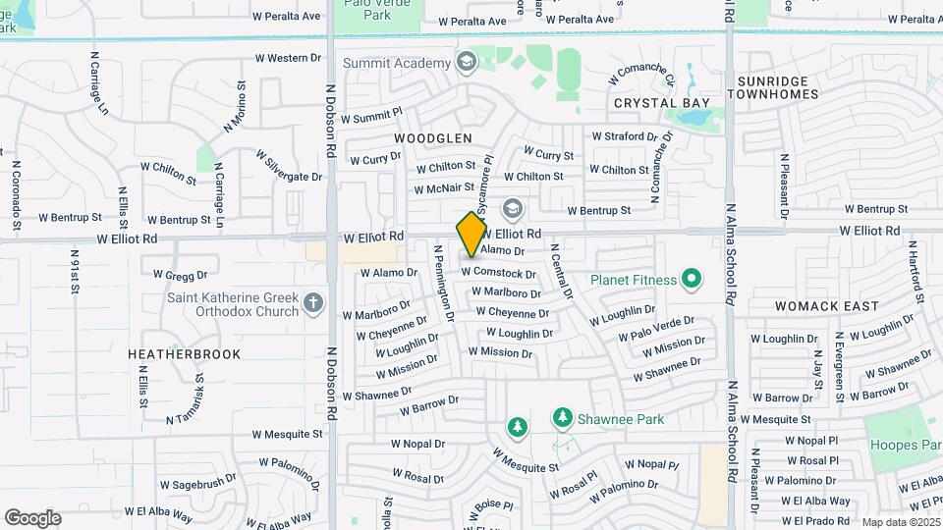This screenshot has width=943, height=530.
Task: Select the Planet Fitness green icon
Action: click(x=691, y=281)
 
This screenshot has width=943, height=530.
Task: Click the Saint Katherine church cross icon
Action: click(x=313, y=302)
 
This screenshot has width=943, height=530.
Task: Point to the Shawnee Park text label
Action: click(x=621, y=420)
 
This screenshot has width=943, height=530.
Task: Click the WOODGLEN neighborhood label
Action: click(x=433, y=138)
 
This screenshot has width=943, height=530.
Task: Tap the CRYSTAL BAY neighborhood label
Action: click(x=661, y=103)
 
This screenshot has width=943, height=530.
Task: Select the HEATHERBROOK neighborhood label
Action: click(x=185, y=353)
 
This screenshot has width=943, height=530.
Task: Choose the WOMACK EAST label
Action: click(x=826, y=306)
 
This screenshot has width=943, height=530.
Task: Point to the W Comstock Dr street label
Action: click(x=498, y=274)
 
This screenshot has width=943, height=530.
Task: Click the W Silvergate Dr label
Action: click(x=289, y=166)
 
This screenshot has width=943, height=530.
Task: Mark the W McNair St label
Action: click(x=444, y=188)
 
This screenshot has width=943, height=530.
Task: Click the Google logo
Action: click(x=32, y=518)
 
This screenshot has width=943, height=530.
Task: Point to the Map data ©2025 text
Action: click(x=901, y=522)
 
